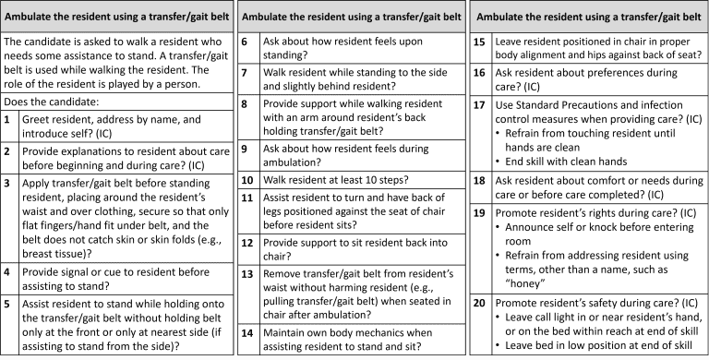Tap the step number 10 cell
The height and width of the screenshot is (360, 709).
pyautogui.click(x=246, y=180)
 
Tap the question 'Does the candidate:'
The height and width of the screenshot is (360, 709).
pyautogui.click(x=54, y=101)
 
